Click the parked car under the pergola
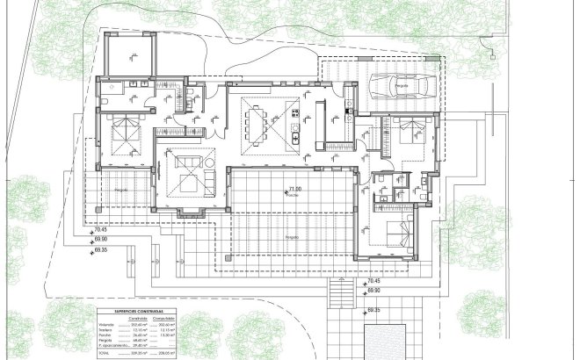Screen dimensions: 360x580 click(x=398, y=85)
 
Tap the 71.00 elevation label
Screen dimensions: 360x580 click(x=294, y=190)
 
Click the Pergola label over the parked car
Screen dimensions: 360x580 click(x=401, y=86)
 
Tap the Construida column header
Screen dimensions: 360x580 click(x=141, y=318)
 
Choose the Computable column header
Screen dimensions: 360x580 click(x=169, y=318)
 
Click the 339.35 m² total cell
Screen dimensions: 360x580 click(x=141, y=353)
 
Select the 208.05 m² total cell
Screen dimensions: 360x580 click(x=169, y=353)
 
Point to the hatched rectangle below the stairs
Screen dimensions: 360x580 click(x=384, y=342)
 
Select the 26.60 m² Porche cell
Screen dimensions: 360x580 click(x=141, y=335)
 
